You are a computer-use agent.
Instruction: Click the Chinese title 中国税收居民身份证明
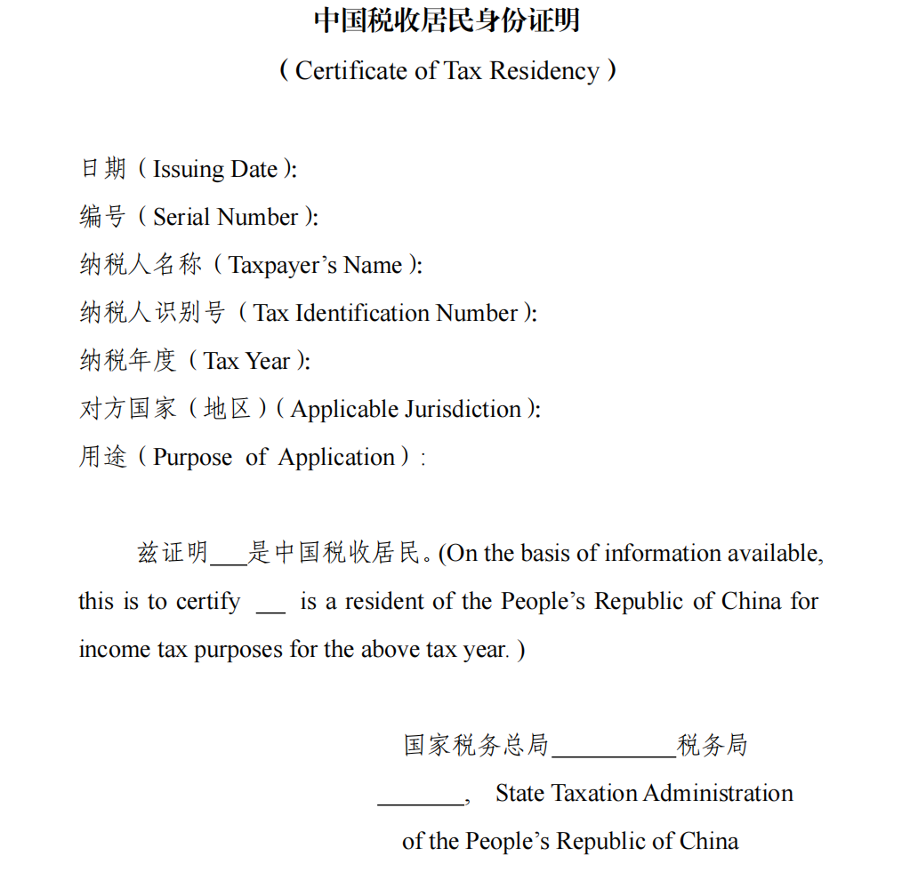[x=447, y=20]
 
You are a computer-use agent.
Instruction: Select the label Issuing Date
[x=215, y=169]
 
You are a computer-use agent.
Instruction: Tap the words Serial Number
[x=225, y=217]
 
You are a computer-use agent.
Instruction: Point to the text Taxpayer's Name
[x=316, y=265]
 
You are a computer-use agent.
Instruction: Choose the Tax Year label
[x=246, y=361]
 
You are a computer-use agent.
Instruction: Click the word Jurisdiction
[x=463, y=409]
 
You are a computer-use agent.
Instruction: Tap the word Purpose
[x=193, y=457]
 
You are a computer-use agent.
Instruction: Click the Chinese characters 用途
[x=103, y=457]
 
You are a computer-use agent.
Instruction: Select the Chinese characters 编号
[x=103, y=217]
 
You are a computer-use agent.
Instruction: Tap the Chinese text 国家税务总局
[x=476, y=745]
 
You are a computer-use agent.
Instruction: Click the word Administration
[x=718, y=793]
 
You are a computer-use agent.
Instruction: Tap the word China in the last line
[x=709, y=841]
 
